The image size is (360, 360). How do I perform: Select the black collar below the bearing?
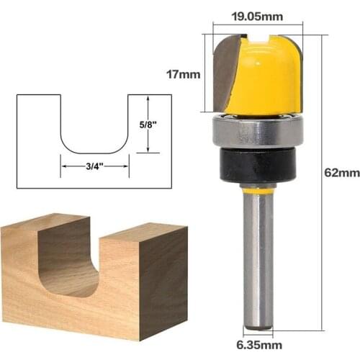pyautogui.click(x=257, y=166)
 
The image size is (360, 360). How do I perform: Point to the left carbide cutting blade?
pyautogui.click(x=225, y=76)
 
